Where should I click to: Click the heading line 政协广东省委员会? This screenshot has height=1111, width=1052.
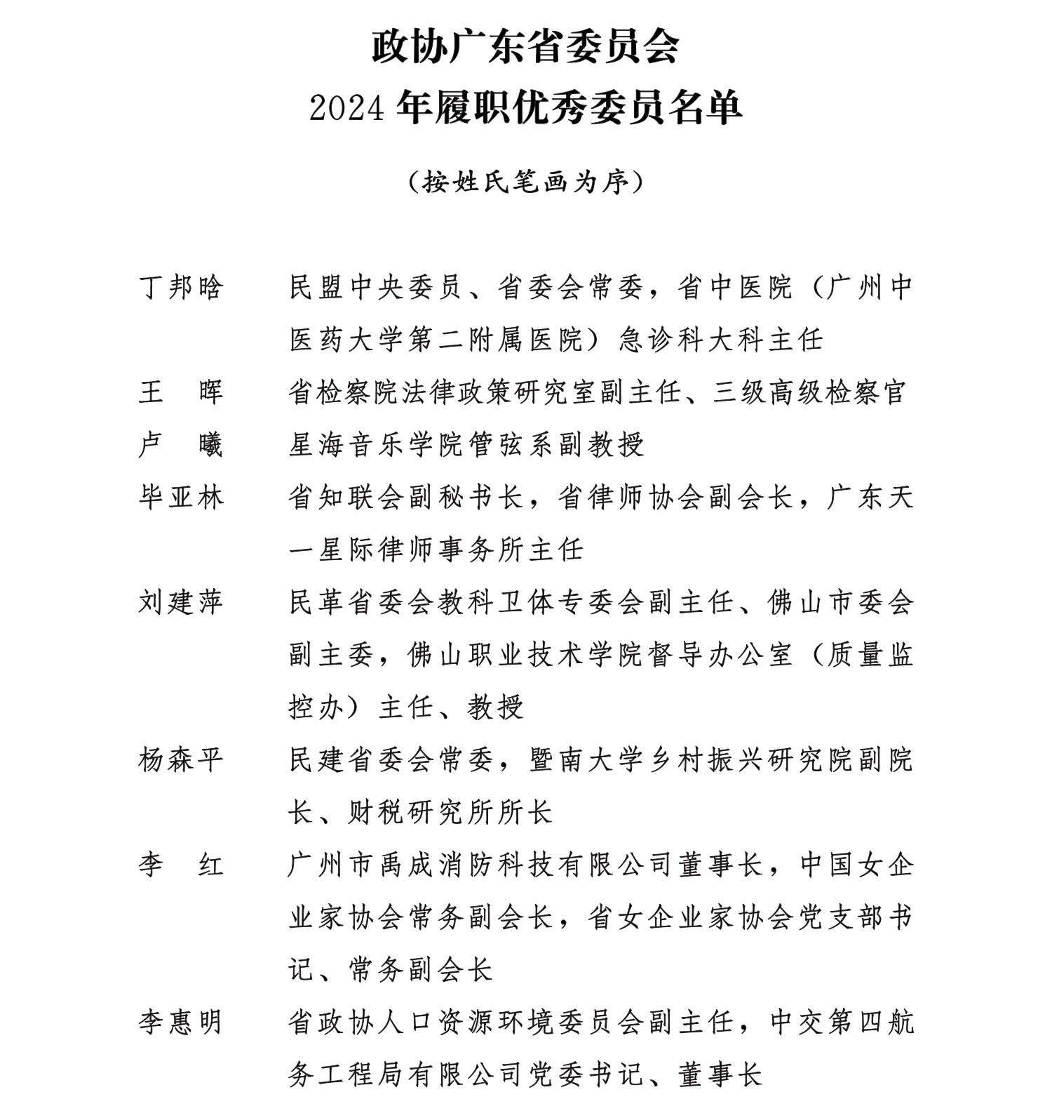tap(525, 47)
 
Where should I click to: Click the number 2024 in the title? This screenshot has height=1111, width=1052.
tap(348, 109)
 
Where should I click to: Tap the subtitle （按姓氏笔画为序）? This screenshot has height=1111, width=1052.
tap(525, 182)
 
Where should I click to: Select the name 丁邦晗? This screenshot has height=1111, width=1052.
tap(181, 288)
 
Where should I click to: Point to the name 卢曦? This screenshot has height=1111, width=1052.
tap(181, 445)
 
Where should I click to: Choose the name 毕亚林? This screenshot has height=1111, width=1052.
tap(181, 498)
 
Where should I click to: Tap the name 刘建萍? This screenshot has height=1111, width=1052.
tap(181, 602)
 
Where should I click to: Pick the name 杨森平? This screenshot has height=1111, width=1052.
tap(181, 760)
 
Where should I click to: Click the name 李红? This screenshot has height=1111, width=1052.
tap(181, 865)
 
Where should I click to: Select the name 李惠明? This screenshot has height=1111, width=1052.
tap(181, 1023)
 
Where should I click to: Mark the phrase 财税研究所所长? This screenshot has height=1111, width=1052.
tap(451, 813)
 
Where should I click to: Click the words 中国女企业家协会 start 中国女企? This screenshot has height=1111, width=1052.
tap(857, 865)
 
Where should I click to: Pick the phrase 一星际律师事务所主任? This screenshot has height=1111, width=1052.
tap(436, 550)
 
